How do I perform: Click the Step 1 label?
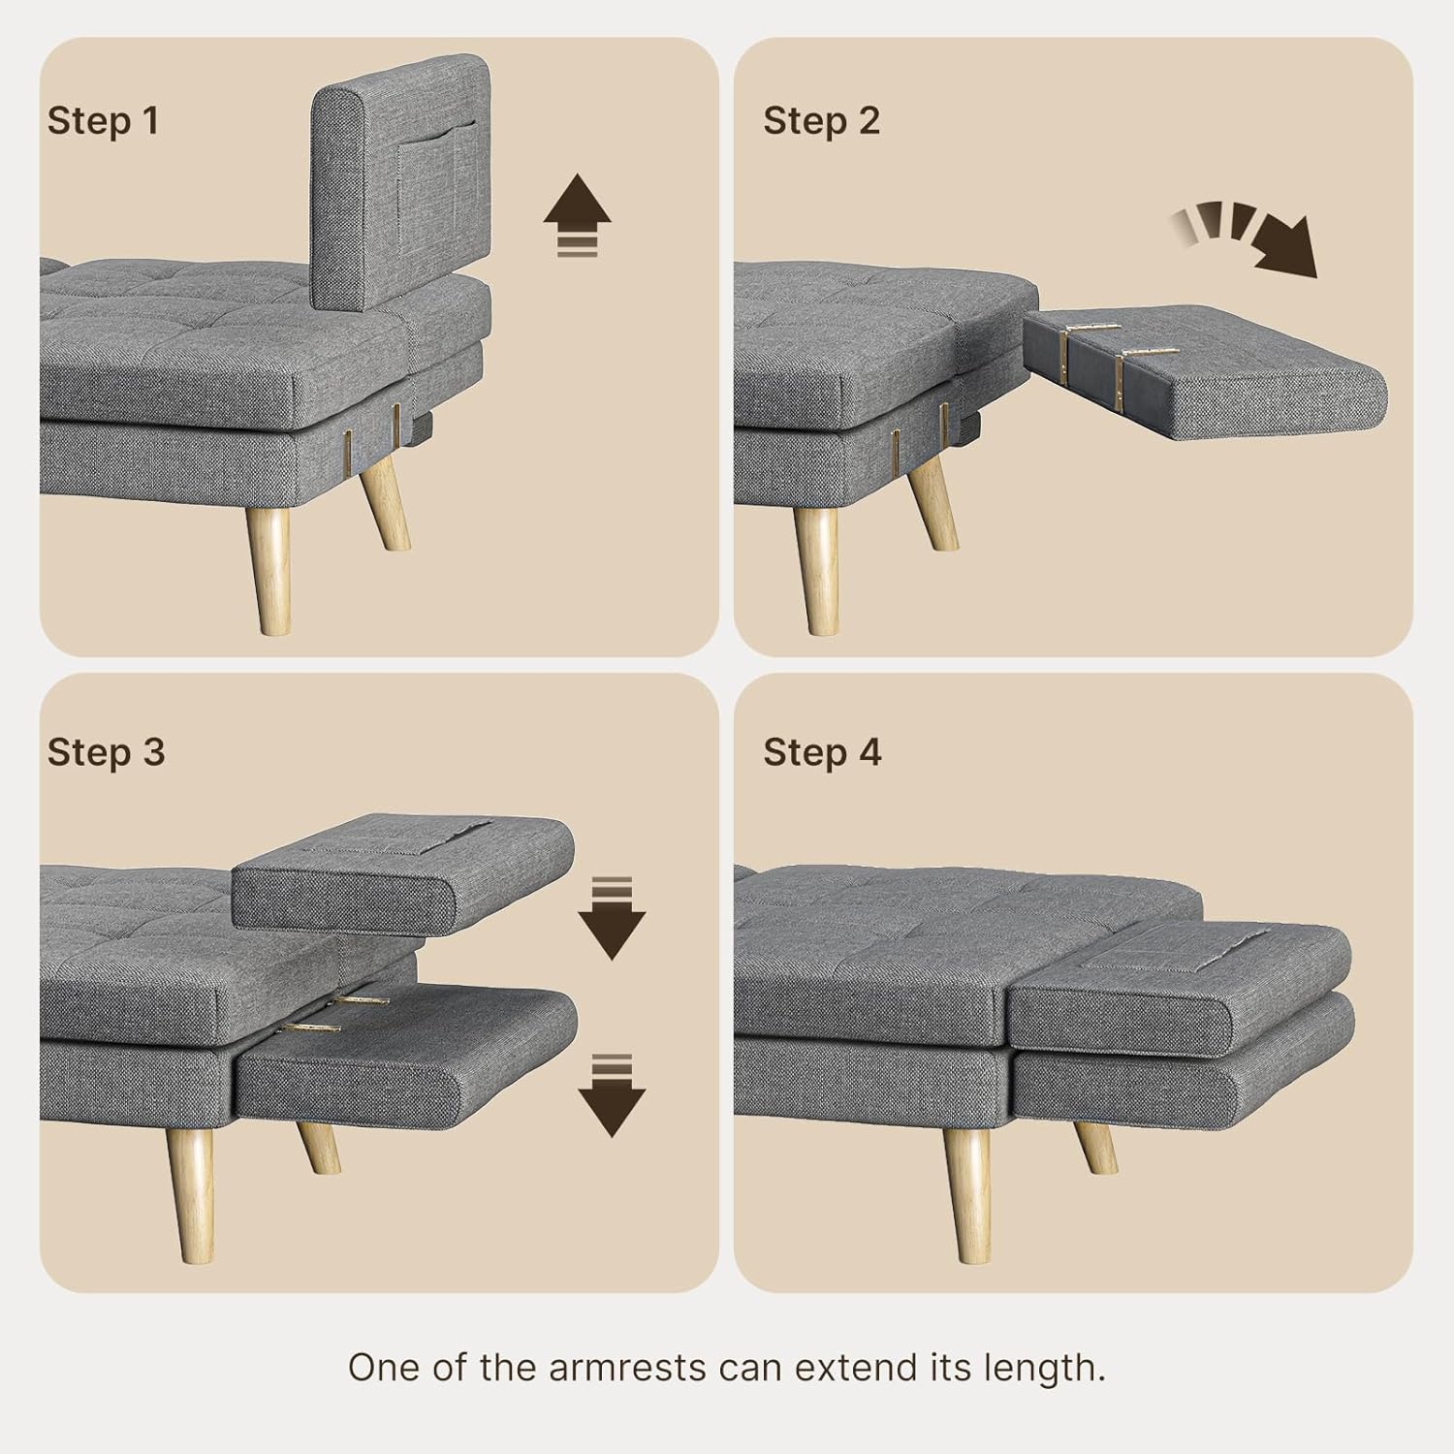tap(103, 121)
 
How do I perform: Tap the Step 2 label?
tap(821, 121)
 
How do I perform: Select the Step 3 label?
tap(106, 752)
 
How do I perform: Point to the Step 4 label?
tap(822, 752)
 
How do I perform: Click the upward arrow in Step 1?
tap(577, 215)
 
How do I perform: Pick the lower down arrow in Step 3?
tap(611, 1094)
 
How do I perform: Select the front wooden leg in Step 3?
tap(189, 1193)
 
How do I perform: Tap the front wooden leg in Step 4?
tap(966, 1193)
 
